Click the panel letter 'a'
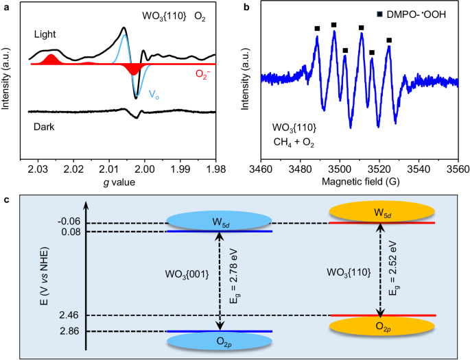6,6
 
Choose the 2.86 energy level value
71,332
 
